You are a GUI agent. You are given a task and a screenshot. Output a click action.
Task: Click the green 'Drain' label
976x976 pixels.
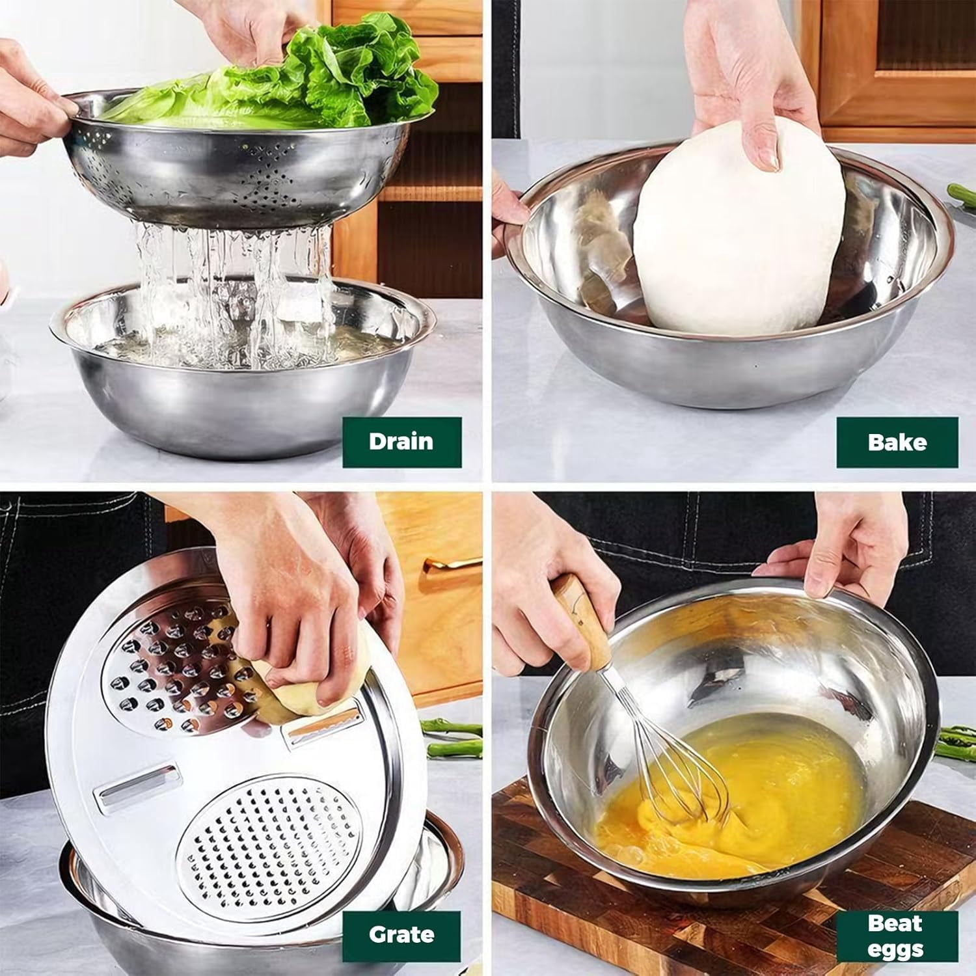pyautogui.click(x=402, y=442)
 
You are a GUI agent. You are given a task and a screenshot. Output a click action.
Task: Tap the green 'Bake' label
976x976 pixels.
pyautogui.click(x=897, y=442)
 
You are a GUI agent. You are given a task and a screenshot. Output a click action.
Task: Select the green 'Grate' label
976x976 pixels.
pyautogui.click(x=401, y=935)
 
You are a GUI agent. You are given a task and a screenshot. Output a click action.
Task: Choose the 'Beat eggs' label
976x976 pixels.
pyautogui.click(x=897, y=936)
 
